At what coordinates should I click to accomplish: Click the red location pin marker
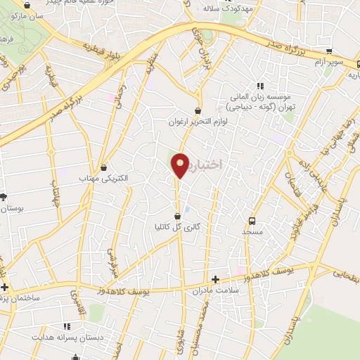[x=180, y=165]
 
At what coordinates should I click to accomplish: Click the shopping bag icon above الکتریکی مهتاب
[x=104, y=168]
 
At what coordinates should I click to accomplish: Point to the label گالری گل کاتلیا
[x=178, y=226]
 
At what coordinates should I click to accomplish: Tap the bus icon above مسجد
[x=252, y=219]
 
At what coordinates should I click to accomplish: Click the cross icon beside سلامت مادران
[x=215, y=279]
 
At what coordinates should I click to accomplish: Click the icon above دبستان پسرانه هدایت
[x=67, y=326]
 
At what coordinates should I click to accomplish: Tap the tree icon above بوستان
[x=4, y=198]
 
